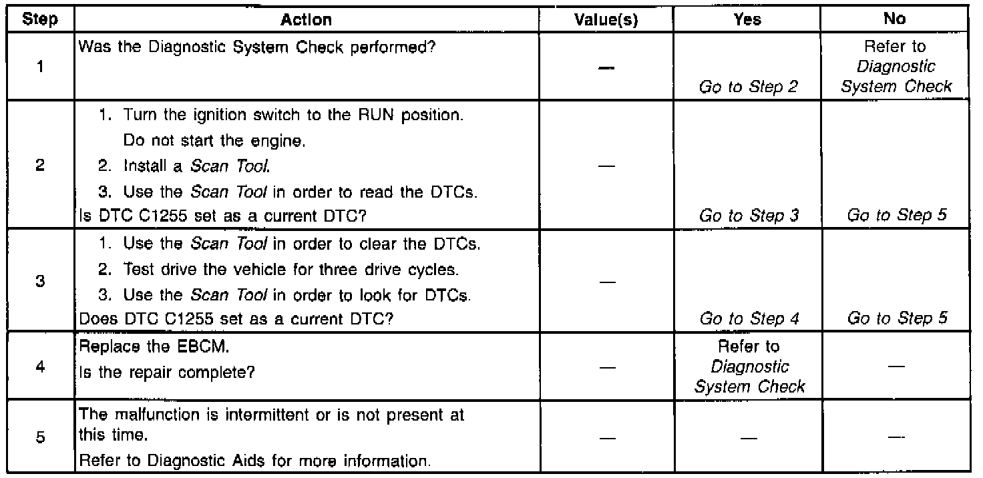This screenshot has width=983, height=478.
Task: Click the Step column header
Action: (39, 20)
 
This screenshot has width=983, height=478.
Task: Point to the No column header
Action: (894, 20)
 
